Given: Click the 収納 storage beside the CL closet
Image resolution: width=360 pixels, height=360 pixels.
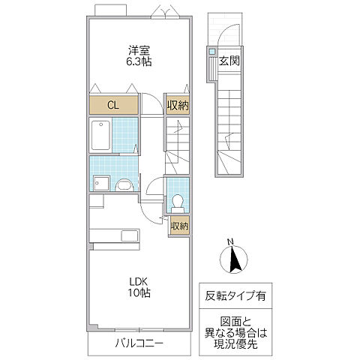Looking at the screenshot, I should (177, 105).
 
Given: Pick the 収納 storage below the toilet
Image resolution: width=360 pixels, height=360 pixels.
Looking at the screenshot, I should (179, 225).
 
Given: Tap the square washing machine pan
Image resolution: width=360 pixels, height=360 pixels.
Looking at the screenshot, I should (101, 184).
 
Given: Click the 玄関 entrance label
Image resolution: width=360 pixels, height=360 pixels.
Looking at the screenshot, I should (229, 61).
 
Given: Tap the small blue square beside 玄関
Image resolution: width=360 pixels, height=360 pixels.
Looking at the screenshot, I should (213, 52).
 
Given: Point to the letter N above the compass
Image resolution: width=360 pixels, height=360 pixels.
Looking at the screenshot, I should (231, 241).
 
